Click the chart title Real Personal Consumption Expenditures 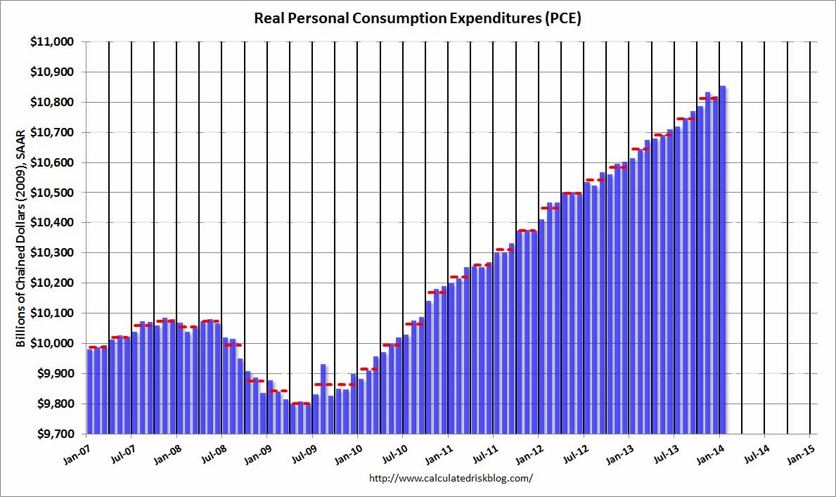(x=418, y=19)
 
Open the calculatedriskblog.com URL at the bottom (x=451, y=478)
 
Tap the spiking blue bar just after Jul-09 (x=323, y=398)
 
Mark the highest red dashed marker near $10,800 (x=708, y=98)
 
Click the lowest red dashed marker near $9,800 (x=300, y=404)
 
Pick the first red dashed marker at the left (x=98, y=347)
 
